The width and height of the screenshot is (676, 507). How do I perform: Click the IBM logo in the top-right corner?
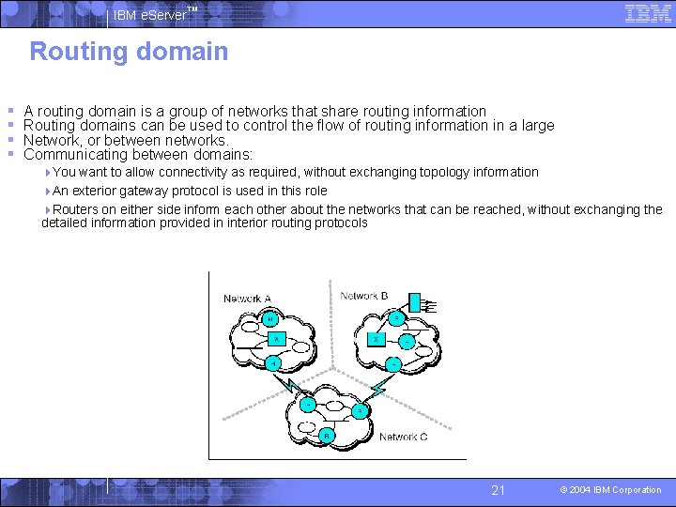coord(648,13)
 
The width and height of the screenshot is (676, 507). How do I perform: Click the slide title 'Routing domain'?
coord(129,52)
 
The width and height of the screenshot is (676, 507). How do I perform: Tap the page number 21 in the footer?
coord(499,490)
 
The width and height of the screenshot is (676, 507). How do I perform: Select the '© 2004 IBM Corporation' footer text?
coord(610,490)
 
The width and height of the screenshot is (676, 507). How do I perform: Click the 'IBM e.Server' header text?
coord(150,15)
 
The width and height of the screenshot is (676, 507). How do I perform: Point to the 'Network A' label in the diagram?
coord(247,300)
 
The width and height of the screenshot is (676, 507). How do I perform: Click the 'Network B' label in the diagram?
coord(364,296)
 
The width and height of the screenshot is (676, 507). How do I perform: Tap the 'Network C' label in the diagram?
coord(404,437)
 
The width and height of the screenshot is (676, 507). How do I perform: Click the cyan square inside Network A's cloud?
coord(276,339)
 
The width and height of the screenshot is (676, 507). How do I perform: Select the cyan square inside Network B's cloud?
coord(375,339)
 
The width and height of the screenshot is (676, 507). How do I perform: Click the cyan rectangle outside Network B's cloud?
coord(416,301)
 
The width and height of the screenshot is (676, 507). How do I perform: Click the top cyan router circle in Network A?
coord(270,319)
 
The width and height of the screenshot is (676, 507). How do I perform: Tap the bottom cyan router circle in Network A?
coord(272,362)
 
